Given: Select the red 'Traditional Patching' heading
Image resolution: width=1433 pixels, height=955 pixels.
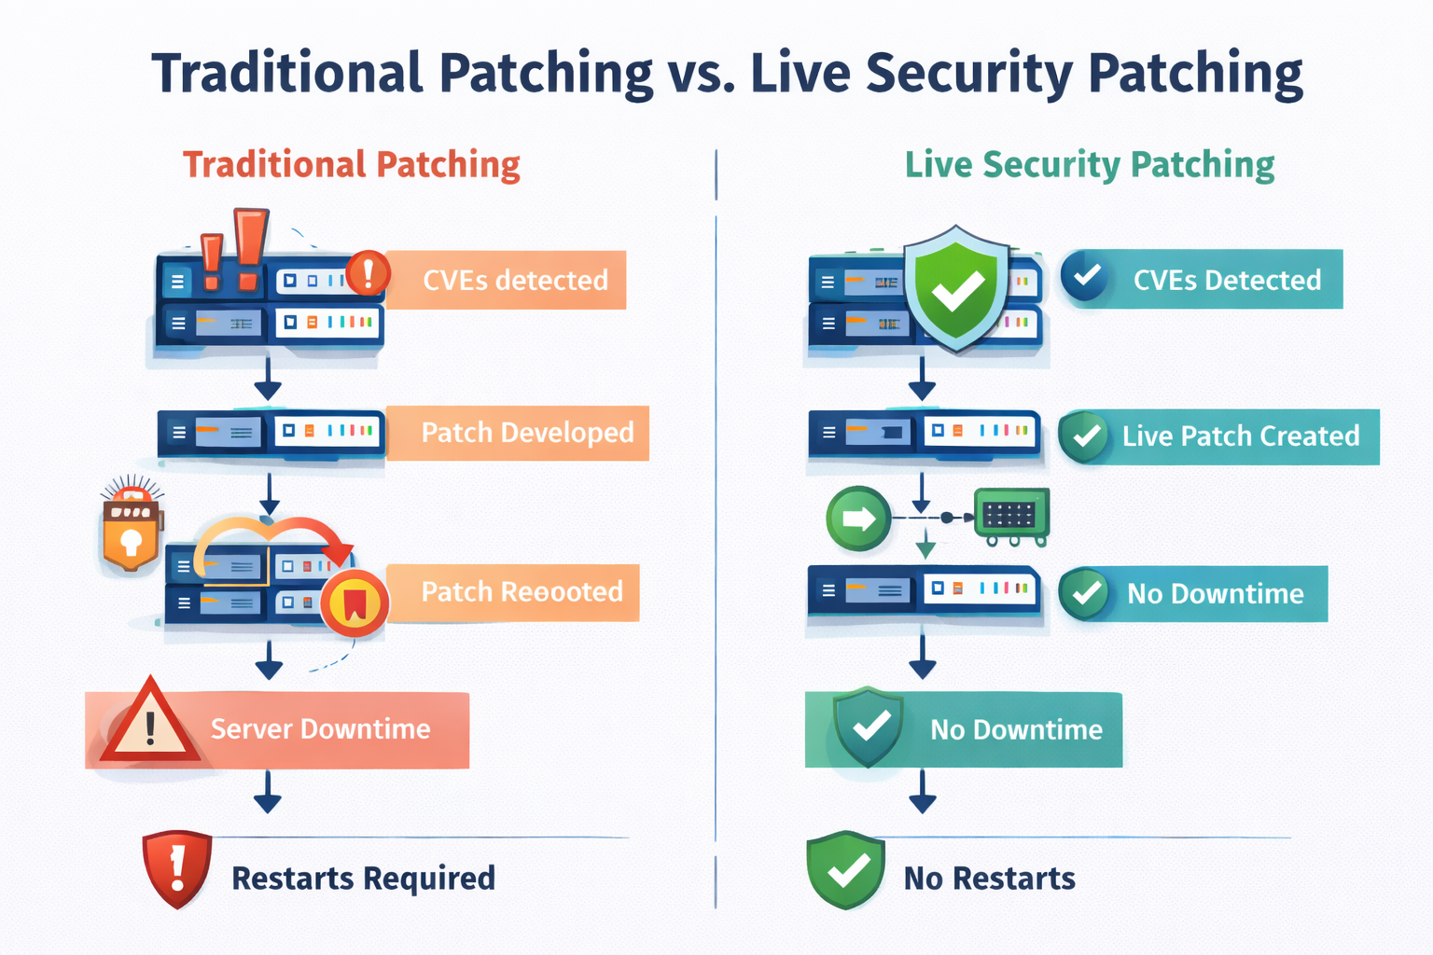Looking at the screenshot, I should (x=351, y=164).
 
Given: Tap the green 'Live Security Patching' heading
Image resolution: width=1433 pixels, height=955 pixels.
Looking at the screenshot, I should (x=1089, y=164).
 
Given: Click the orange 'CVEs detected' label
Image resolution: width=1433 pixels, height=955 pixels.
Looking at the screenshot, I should (x=515, y=280).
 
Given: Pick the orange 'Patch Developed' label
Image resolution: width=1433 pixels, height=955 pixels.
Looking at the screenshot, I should (x=527, y=433).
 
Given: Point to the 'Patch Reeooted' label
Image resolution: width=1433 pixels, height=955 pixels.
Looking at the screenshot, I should (x=522, y=592).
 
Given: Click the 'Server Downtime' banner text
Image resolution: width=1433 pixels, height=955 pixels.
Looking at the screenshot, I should (x=320, y=728).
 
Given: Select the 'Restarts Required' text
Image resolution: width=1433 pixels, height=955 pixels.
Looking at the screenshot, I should (x=363, y=878).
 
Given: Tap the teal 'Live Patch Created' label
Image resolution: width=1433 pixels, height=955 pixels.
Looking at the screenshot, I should (x=1240, y=436).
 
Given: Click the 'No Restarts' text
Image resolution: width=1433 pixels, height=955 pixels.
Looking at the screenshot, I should (x=989, y=878).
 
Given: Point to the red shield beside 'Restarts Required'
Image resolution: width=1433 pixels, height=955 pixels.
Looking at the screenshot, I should (x=176, y=868).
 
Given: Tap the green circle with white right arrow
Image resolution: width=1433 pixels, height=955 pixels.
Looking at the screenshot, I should (x=857, y=518).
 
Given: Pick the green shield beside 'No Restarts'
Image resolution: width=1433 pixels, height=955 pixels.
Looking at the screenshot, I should (x=845, y=869).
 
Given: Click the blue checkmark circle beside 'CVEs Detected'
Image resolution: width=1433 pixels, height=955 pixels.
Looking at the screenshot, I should (x=1085, y=277).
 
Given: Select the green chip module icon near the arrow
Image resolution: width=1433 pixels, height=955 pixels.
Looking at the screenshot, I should (x=1010, y=516).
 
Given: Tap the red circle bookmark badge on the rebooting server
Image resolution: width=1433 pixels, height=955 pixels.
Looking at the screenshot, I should (x=355, y=603).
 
